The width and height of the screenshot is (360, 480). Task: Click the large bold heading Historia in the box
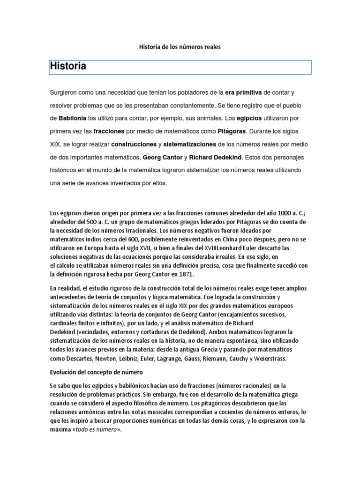click(x=68, y=67)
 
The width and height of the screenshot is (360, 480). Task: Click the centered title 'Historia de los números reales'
click(x=180, y=47)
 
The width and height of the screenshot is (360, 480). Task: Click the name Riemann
click(x=217, y=359)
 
